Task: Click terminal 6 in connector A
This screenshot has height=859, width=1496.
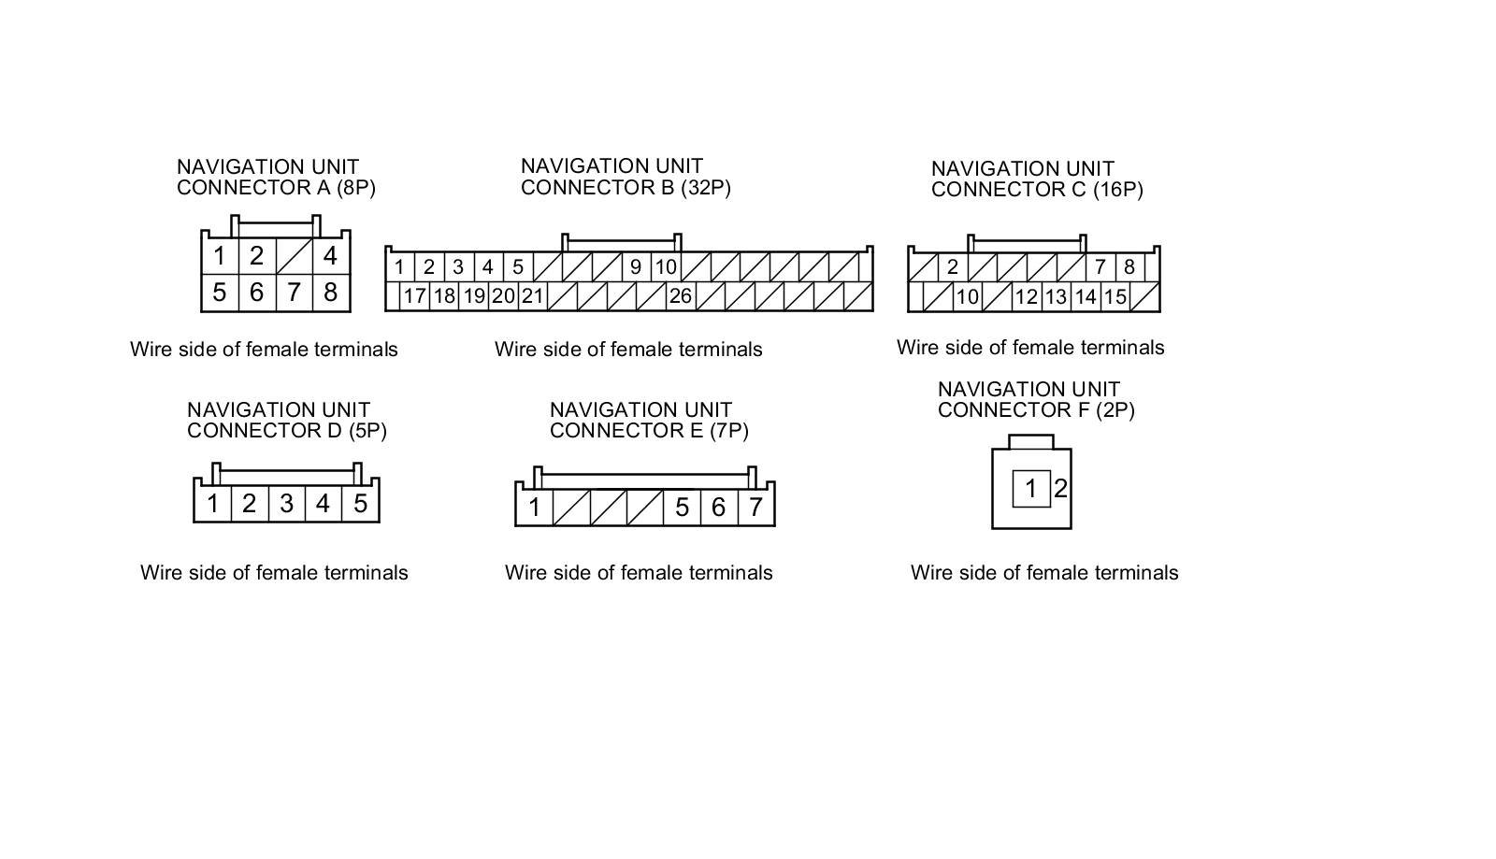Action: coord(256,293)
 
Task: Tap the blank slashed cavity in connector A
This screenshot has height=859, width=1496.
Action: coord(294,256)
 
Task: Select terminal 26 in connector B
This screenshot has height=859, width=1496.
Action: coord(680,296)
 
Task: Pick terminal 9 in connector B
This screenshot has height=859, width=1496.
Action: coord(636,267)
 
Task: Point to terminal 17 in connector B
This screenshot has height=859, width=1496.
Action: coord(414,296)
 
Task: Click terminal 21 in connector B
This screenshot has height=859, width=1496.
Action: coord(532,296)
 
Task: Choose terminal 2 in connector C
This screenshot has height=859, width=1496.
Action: coord(952,267)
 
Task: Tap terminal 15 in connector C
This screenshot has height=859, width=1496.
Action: coord(1115,297)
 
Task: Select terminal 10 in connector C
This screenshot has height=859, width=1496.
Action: coord(967,297)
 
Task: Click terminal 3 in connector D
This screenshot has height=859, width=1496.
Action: coord(286,505)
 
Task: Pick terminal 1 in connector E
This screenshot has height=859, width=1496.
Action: coord(534,508)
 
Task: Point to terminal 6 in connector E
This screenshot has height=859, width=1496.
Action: coord(718,508)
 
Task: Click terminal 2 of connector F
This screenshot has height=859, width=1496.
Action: coord(1060,489)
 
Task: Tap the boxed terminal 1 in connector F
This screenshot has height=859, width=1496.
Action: coord(1031,489)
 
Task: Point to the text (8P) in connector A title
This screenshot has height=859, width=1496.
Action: coord(355,187)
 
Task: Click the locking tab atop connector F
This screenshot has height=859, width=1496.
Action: coord(1031,441)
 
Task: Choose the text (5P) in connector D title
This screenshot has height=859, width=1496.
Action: coord(367,431)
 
